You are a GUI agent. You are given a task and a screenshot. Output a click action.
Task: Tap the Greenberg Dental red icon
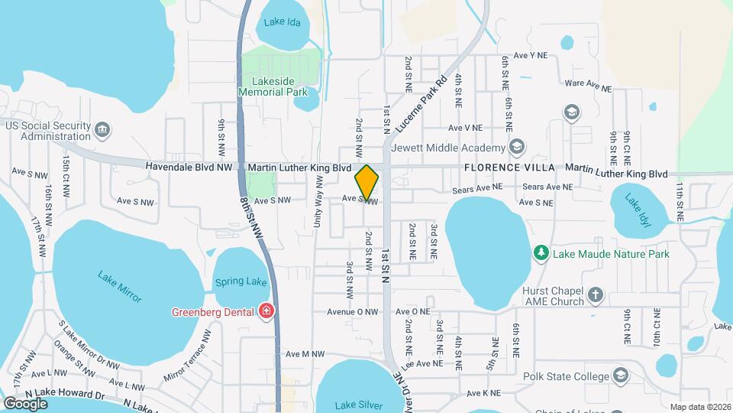(266, 311)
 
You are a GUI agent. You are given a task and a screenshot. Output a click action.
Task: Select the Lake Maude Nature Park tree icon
(541, 252)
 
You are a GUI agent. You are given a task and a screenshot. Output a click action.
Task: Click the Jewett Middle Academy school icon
(517, 147)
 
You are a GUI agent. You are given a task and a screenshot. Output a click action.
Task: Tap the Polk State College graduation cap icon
(621, 376)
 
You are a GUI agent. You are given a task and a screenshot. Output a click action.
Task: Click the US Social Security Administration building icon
(103, 131)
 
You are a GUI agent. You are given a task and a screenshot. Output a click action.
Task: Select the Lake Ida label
(280, 22)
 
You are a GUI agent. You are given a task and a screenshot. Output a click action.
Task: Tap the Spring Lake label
(241, 281)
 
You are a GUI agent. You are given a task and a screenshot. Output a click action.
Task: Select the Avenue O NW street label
(353, 312)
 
